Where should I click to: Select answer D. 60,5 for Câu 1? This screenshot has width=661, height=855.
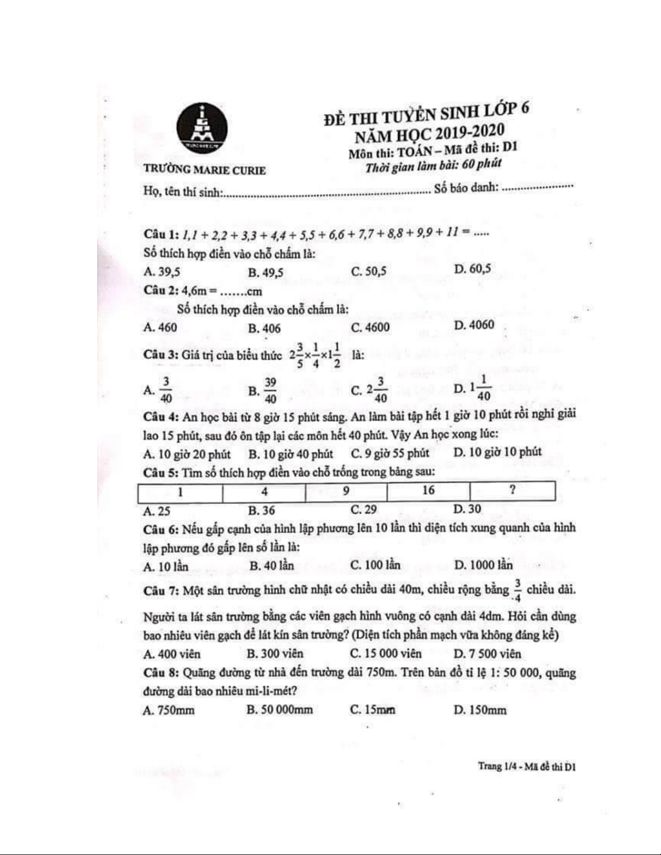tap(472, 269)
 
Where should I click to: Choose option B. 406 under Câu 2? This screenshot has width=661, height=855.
tap(264, 328)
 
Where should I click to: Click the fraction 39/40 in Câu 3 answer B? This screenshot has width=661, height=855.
tap(270, 390)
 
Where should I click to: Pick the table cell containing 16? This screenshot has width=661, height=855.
tap(428, 490)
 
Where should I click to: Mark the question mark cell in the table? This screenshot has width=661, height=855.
tap(512, 490)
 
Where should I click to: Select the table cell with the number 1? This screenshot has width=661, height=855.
tap(180, 492)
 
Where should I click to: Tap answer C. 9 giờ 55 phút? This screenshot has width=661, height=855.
tap(390, 453)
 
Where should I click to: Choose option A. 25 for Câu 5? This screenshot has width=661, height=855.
tap(157, 511)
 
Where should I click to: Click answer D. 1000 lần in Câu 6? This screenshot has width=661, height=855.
tap(483, 565)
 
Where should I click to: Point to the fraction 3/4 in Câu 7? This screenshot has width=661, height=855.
tap(517, 590)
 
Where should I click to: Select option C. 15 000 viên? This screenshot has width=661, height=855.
tap(386, 654)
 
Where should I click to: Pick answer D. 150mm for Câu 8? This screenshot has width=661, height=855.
tap(480, 709)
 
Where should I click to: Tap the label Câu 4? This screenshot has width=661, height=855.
tap(161, 417)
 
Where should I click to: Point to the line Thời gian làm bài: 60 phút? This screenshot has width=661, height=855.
tap(433, 165)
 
